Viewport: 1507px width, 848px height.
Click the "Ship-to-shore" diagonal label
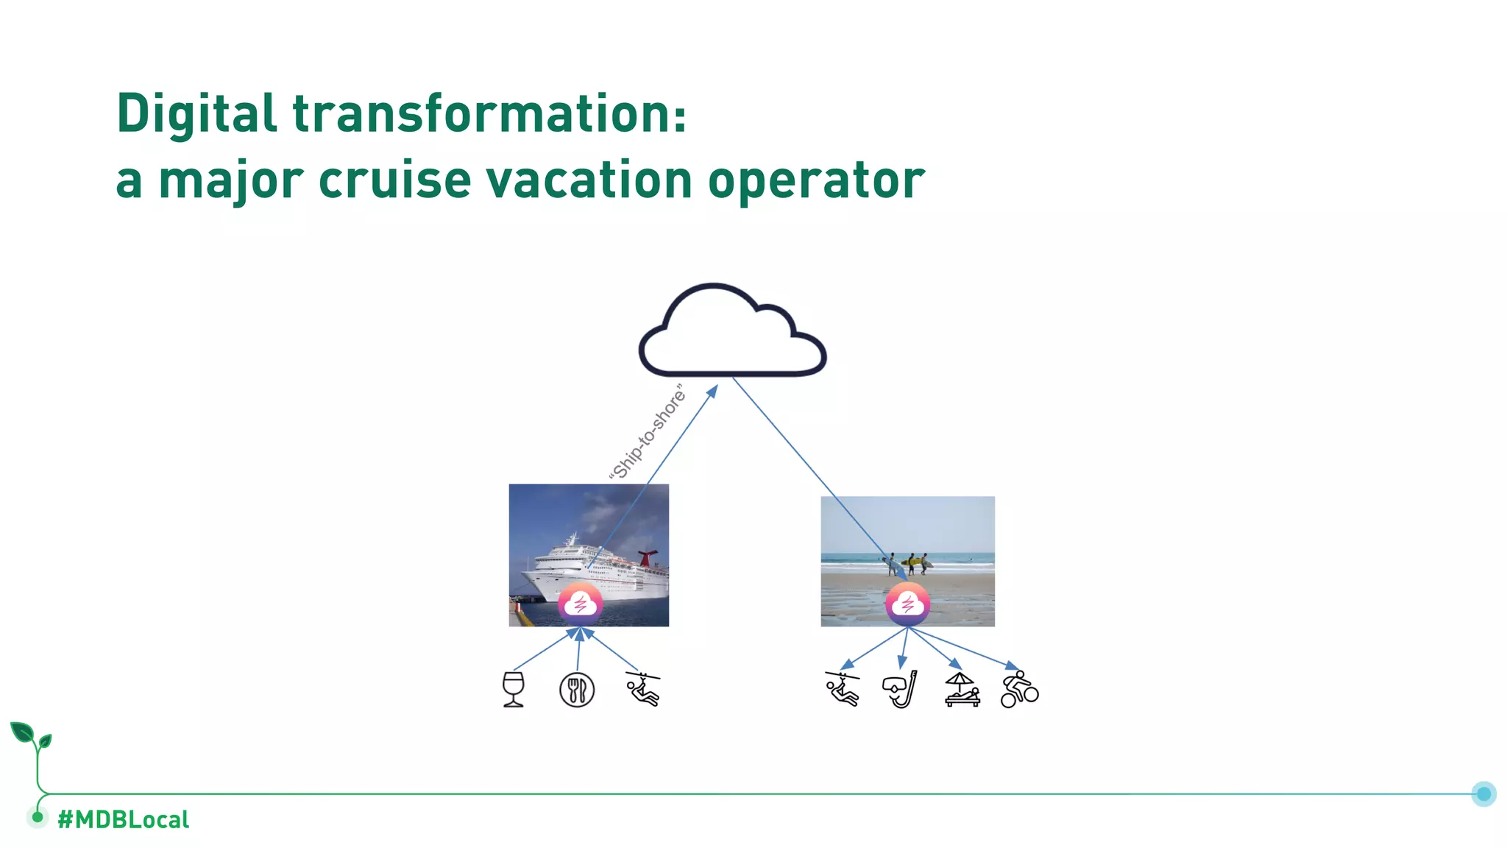click(648, 433)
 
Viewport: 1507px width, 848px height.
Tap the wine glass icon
click(514, 690)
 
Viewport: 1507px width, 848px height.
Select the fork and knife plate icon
click(577, 690)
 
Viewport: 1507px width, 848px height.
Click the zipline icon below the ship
click(644, 689)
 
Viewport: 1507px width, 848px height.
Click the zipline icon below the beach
click(843, 689)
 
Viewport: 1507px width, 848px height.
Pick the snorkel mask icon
click(901, 690)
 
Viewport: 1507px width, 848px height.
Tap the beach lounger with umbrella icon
click(962, 690)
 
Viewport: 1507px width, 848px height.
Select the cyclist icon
click(1019, 690)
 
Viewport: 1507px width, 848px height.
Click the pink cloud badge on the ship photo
click(581, 604)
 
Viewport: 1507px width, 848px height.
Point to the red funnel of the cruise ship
click(647, 556)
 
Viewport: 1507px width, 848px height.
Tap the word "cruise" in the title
click(394, 180)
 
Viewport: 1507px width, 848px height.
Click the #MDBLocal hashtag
click(123, 819)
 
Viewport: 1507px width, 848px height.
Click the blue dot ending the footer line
click(1483, 794)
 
